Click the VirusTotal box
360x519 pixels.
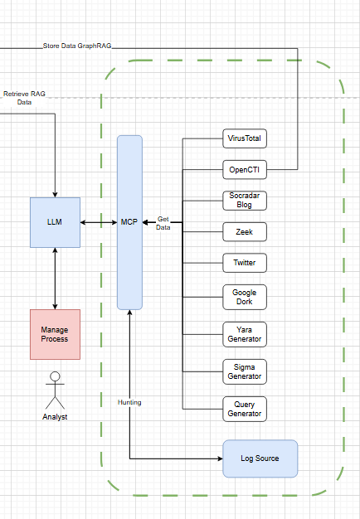point(245,138)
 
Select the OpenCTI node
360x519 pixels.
point(245,169)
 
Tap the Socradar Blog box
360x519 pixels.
point(245,201)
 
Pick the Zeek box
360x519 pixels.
point(245,231)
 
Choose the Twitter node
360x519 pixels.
point(245,263)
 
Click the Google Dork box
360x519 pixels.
point(245,297)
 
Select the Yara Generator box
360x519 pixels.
point(245,334)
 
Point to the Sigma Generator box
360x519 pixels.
point(245,371)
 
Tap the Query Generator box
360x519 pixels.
point(245,409)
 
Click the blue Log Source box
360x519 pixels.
point(260,458)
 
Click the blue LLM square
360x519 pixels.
point(55,222)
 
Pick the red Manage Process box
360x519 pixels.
point(55,334)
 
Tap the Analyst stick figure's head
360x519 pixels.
point(55,376)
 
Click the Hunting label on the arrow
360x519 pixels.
point(129,402)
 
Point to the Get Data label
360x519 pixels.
point(163,223)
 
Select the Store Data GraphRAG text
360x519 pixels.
point(77,46)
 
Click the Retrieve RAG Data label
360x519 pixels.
point(24,98)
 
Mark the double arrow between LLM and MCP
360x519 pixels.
point(99,222)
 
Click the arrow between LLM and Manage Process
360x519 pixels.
point(55,279)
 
